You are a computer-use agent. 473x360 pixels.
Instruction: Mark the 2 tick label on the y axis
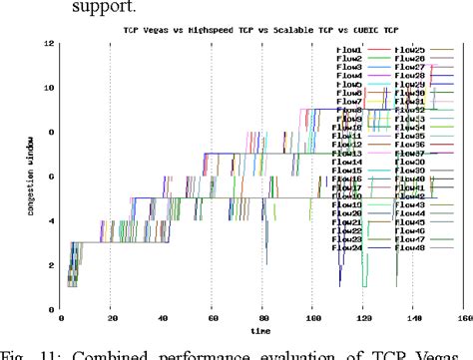(x=50, y=266)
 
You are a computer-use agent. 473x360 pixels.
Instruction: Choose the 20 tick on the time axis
(x=111, y=319)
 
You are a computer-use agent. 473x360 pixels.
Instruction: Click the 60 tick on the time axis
(x=212, y=319)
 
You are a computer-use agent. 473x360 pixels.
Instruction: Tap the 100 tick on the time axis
(x=313, y=319)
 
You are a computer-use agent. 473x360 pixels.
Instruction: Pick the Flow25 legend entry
(x=410, y=49)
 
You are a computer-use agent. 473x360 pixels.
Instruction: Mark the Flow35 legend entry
(x=410, y=136)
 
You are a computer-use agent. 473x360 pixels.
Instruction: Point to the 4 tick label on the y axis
(x=50, y=221)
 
